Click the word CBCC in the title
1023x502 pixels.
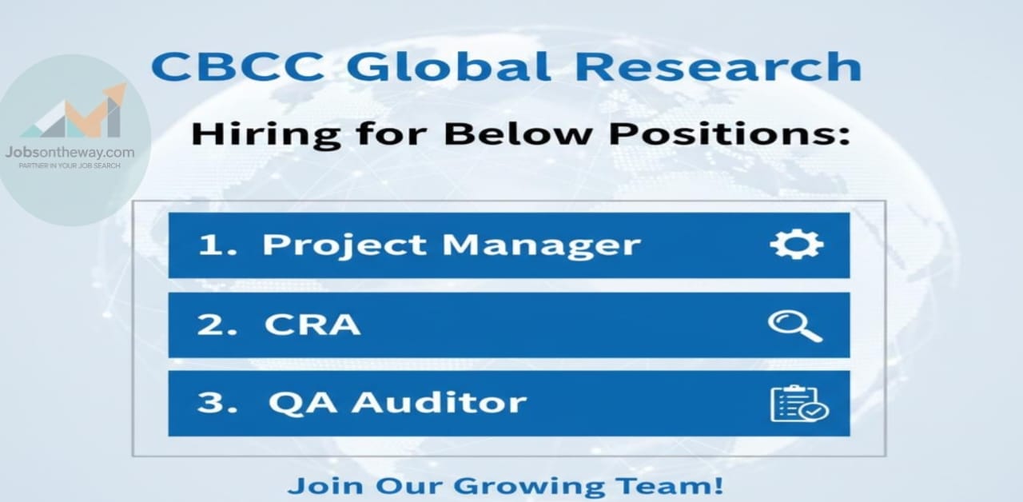237,66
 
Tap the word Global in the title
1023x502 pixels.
448,66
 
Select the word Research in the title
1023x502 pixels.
718,66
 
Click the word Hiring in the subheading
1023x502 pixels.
266,134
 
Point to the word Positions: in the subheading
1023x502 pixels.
730,133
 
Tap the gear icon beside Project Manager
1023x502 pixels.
797,245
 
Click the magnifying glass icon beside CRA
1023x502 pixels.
795,325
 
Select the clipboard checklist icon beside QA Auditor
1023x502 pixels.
799,404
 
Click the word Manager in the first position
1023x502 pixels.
541,245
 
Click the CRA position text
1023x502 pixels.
312,325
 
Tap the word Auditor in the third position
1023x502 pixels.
440,402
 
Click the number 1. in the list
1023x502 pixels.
218,244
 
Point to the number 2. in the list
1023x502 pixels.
217,325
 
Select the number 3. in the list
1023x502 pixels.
217,402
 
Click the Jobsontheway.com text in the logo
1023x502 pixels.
70,153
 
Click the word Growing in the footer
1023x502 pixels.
529,486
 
